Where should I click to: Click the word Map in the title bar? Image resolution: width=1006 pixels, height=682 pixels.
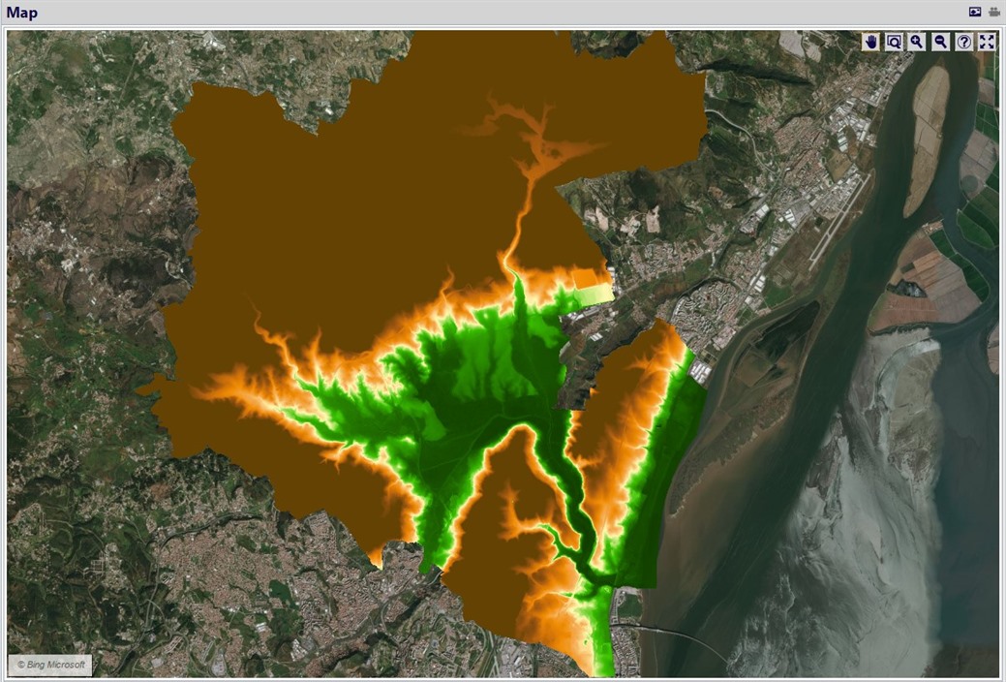22,12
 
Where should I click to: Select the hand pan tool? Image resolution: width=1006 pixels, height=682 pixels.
871,42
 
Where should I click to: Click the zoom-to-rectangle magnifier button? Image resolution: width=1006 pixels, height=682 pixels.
894,42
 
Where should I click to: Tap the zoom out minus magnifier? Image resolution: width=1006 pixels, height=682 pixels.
939,42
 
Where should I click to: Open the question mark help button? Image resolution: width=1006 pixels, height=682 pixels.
963,42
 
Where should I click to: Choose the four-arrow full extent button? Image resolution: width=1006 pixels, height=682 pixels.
987,42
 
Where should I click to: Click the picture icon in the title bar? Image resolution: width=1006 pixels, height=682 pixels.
975,12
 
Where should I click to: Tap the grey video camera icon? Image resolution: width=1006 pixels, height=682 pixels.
993,12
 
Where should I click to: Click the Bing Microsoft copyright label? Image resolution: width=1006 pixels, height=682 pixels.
51,665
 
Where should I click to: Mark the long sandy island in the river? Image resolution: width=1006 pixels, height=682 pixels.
927,136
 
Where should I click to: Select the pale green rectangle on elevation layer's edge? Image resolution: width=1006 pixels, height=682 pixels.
593,292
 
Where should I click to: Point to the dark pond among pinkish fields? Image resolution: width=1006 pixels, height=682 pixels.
908,288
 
